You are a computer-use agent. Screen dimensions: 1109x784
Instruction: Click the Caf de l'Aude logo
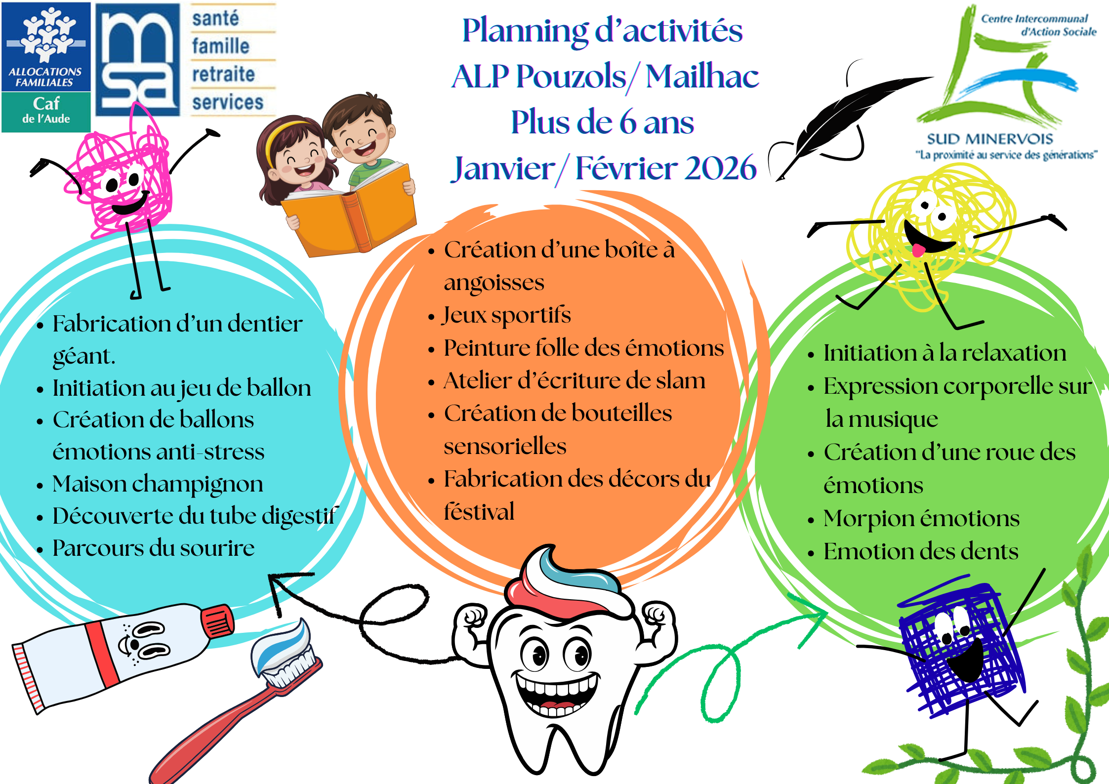point(46,67)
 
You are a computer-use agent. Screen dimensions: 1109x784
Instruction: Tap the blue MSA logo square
point(138,59)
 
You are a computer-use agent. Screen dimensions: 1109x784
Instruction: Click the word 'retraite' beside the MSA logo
point(223,74)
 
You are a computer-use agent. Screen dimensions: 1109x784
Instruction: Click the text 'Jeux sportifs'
point(507,315)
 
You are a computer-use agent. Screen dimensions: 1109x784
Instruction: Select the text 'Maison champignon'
point(158,484)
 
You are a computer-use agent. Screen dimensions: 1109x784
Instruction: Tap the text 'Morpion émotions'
point(921,518)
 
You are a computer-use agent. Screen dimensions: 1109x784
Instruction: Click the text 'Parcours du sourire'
point(154,548)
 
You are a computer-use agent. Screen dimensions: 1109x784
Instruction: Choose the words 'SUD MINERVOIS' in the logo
point(990,139)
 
